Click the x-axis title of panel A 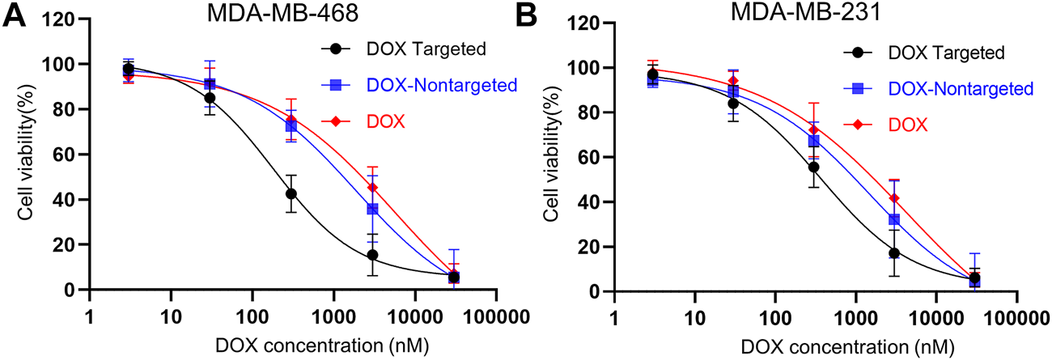point(316,345)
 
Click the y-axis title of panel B point(554,157)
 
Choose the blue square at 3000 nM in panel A point(372,209)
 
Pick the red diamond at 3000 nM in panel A point(373,188)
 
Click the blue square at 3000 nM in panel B point(894,219)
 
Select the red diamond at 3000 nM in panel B point(895,198)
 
